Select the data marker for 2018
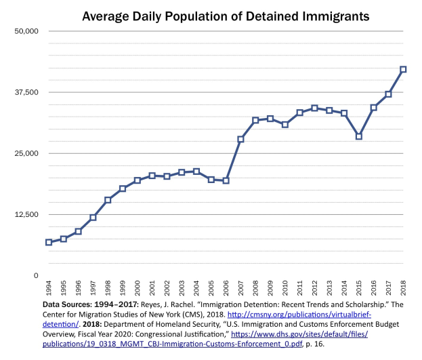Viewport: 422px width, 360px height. pos(403,69)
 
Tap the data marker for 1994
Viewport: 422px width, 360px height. pos(49,242)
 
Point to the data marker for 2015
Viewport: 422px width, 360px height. pos(358,136)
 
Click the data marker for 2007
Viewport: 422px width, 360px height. pos(240,139)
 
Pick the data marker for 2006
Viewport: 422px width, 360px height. pos(226,180)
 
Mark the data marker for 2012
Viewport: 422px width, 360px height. pos(314,108)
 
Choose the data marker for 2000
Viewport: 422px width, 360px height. pos(138,180)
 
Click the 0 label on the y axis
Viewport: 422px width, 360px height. pos(35,276)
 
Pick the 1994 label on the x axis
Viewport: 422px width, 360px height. pos(49,289)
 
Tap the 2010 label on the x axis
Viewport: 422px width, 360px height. pos(285,289)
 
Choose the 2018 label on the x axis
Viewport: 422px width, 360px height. pos(403,289)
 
